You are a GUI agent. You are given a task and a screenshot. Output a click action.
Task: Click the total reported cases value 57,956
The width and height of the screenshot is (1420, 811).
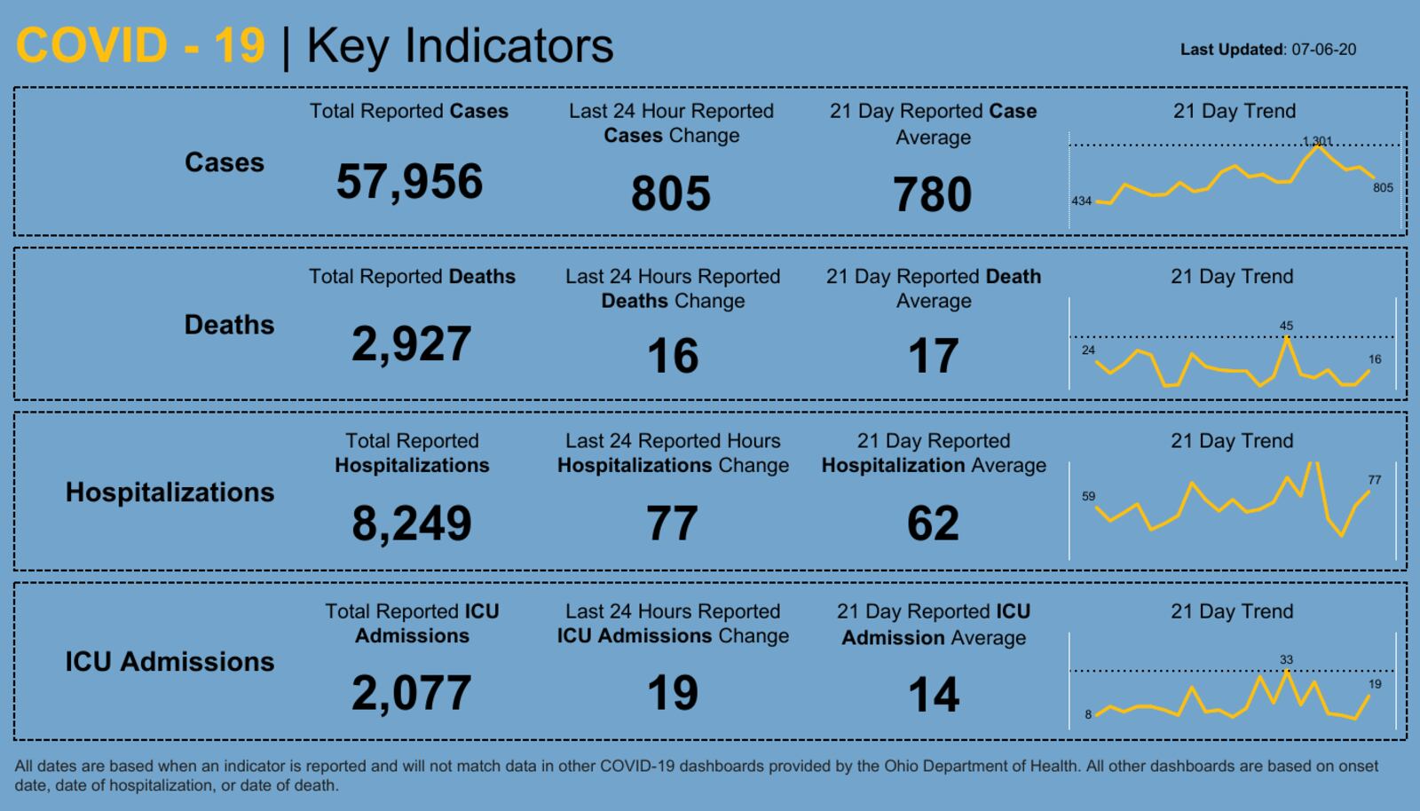click(409, 182)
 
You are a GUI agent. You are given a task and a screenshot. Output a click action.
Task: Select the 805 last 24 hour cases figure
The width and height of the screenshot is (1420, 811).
click(671, 193)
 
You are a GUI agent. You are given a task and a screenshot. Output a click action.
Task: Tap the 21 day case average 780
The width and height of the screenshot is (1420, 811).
click(933, 194)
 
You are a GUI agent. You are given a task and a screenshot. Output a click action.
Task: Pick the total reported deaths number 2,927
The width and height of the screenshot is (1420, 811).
click(411, 344)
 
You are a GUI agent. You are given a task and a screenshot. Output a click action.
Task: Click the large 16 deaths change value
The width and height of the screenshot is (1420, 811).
click(673, 356)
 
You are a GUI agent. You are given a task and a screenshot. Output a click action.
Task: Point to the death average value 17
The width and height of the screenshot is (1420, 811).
click(933, 356)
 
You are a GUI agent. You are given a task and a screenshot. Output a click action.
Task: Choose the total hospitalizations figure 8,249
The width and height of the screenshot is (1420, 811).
click(411, 523)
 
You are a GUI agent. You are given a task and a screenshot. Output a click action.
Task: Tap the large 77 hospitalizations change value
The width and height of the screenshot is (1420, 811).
click(672, 523)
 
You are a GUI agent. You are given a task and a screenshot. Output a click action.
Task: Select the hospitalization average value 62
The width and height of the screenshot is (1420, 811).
click(933, 523)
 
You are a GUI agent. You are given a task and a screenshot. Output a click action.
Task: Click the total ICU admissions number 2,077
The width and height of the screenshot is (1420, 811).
click(411, 693)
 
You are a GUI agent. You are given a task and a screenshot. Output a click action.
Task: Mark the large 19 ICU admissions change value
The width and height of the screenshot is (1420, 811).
click(672, 693)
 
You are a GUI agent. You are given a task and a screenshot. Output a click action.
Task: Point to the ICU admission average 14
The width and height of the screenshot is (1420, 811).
click(933, 695)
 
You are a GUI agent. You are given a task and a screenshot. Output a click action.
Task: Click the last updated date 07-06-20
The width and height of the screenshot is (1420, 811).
click(1323, 50)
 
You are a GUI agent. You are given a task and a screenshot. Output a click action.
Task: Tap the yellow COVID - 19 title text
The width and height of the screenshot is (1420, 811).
click(140, 45)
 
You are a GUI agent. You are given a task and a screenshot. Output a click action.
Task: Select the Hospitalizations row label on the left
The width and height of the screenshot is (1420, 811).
click(170, 492)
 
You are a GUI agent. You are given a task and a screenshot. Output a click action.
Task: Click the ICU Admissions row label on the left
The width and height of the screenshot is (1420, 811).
click(170, 662)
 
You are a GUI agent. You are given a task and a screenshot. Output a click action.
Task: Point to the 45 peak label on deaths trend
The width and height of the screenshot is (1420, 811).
click(1286, 326)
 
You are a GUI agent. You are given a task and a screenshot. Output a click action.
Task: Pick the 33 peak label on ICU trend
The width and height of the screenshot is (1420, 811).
click(1286, 659)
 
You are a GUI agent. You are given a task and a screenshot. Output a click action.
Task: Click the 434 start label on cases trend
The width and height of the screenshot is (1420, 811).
click(1081, 201)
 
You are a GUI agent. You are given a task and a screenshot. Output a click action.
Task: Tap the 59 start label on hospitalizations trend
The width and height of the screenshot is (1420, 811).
click(1088, 496)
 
